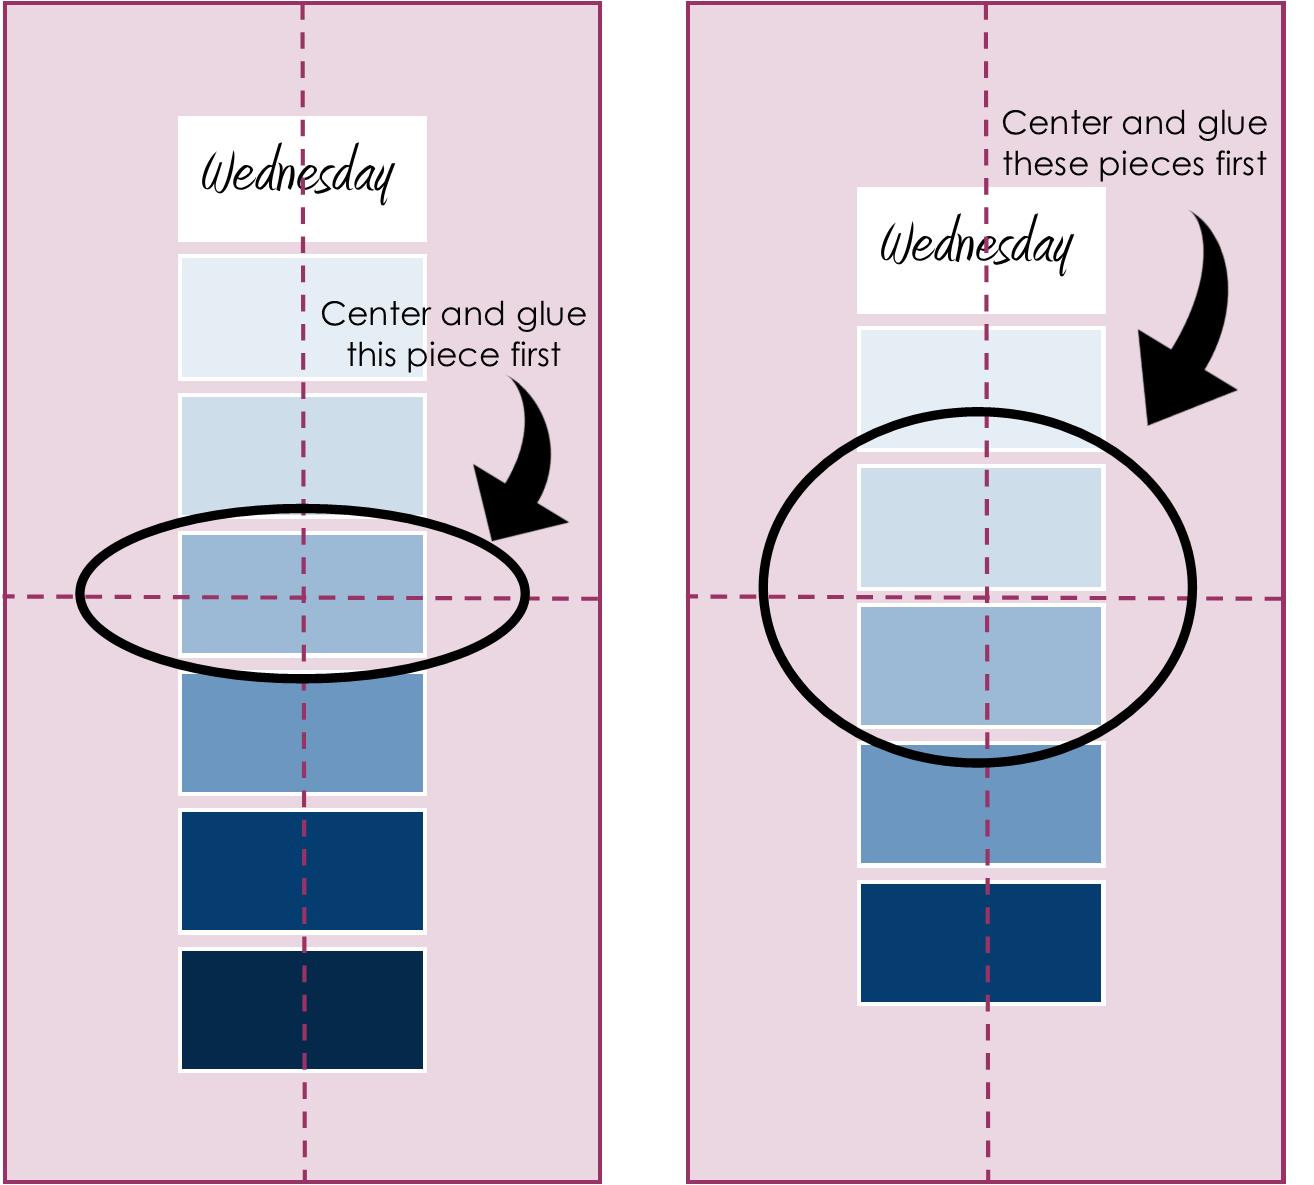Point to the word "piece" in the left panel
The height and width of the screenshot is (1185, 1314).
click(448, 356)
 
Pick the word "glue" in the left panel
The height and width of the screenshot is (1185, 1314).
click(551, 315)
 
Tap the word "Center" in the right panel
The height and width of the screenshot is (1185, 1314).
click(1056, 124)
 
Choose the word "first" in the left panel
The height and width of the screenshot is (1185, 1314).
click(535, 355)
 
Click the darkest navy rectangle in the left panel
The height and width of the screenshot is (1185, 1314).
click(302, 1009)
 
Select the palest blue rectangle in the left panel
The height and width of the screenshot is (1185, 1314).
click(302, 317)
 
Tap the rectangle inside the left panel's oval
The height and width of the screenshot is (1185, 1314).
click(302, 594)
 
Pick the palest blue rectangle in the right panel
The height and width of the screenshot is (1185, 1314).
click(980, 388)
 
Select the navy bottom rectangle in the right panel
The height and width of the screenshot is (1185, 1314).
click(980, 942)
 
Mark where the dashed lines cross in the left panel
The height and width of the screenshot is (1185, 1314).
click(304, 597)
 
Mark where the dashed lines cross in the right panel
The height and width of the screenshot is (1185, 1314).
click(987, 597)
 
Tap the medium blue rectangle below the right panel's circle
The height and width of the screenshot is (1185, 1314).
click(980, 804)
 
